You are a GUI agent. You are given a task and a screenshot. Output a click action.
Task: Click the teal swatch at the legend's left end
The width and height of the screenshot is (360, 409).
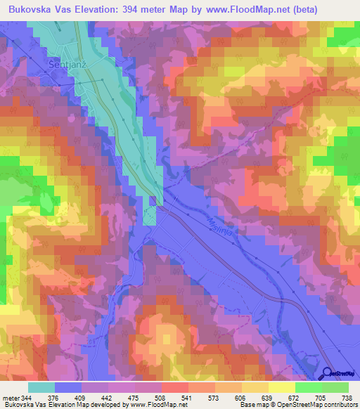[x=41, y=387]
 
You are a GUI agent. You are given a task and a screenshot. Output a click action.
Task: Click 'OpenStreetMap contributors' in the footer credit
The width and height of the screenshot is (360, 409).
[x=318, y=405]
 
